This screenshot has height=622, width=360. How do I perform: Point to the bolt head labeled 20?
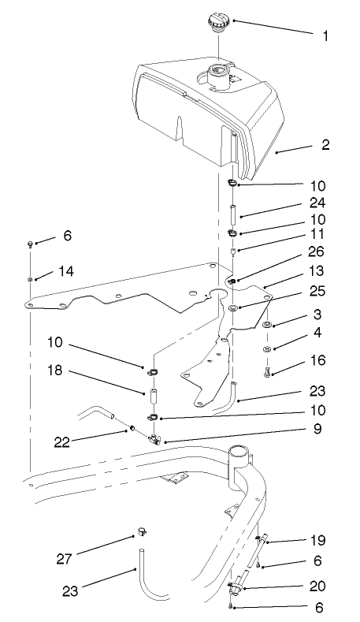[235, 587]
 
